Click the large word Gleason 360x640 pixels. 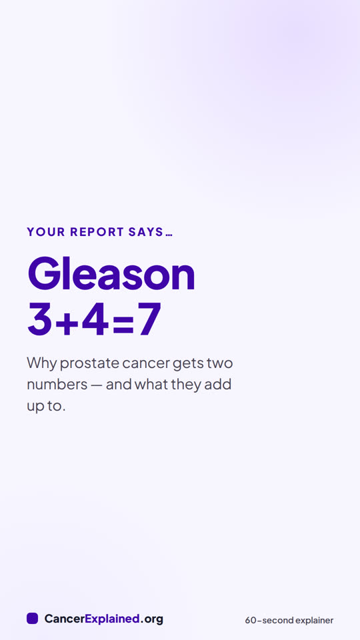click(x=111, y=273)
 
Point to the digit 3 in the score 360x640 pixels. click(x=41, y=319)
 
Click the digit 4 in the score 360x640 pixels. click(x=95, y=319)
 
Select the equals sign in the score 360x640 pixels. click(x=123, y=320)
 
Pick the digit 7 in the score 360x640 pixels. click(x=149, y=319)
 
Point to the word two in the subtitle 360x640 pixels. click(x=220, y=363)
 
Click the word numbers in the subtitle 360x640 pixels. click(x=57, y=385)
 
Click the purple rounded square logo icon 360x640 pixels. click(x=32, y=619)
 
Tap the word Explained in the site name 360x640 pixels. click(x=112, y=619)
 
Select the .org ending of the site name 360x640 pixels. click(x=151, y=619)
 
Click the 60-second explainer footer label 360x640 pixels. click(x=289, y=621)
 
